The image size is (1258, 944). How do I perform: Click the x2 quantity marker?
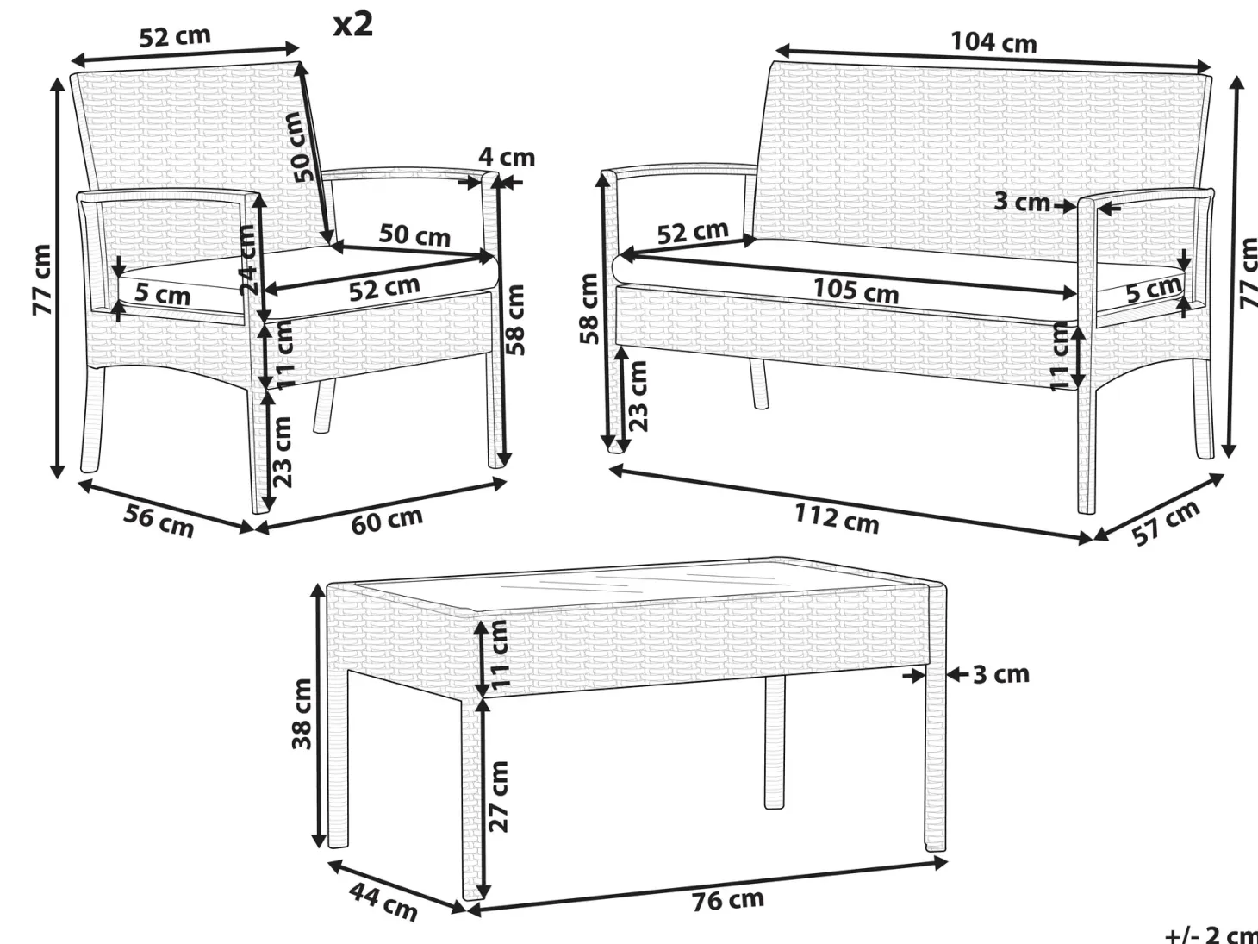coord(353,24)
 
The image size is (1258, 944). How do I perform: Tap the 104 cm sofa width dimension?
coord(993,42)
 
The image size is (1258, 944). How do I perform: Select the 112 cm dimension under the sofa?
coord(836,519)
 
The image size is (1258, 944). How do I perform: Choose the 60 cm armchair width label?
coord(387,521)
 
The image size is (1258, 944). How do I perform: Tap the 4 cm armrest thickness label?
coord(507,157)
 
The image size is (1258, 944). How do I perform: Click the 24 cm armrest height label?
coord(247,259)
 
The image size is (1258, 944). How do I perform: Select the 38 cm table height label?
coord(302,713)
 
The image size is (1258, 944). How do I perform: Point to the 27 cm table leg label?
coord(499,796)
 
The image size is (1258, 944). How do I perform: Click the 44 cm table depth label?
coord(383,903)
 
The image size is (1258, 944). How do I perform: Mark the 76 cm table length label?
coord(728,900)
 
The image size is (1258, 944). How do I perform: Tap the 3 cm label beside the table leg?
coord(1001,675)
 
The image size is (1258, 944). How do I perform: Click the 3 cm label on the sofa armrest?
coord(1022,201)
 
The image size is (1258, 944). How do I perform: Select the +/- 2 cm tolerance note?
coord(1211,935)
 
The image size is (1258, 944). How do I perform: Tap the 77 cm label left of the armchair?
coord(41,279)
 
